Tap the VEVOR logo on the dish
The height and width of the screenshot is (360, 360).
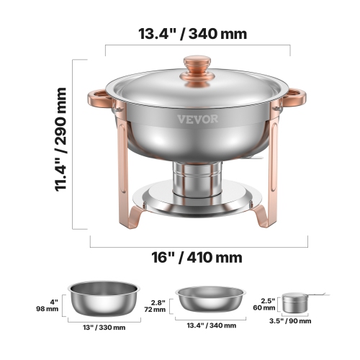tap(197, 120)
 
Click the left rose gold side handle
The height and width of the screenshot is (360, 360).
tap(99, 99)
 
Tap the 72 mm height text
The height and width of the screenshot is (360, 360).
tap(153, 310)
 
